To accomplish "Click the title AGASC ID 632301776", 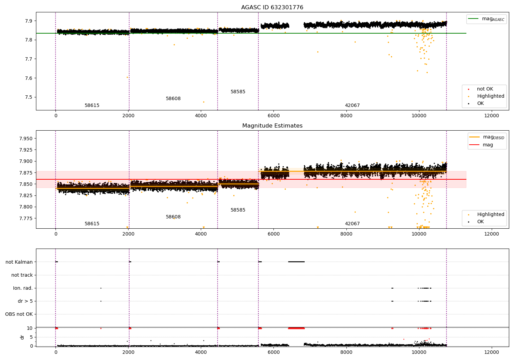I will tap(272, 8).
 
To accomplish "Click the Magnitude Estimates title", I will tap(272, 126).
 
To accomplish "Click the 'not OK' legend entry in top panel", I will tap(485, 89).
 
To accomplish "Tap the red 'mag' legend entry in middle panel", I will tap(488, 145).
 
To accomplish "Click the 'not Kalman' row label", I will tap(19, 262).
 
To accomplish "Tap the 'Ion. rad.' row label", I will tap(23, 288).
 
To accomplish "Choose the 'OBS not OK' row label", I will tap(19, 314).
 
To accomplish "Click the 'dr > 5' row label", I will tap(25, 301).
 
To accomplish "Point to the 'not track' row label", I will tap(22, 275).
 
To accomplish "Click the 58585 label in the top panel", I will tap(238, 92).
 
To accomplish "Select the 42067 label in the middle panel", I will tap(352, 224).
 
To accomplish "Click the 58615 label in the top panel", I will tap(92, 106).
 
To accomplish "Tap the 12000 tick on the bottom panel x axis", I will tap(491, 352).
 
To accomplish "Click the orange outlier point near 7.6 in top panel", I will tap(127, 77).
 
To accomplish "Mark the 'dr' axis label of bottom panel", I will tap(22, 337).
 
